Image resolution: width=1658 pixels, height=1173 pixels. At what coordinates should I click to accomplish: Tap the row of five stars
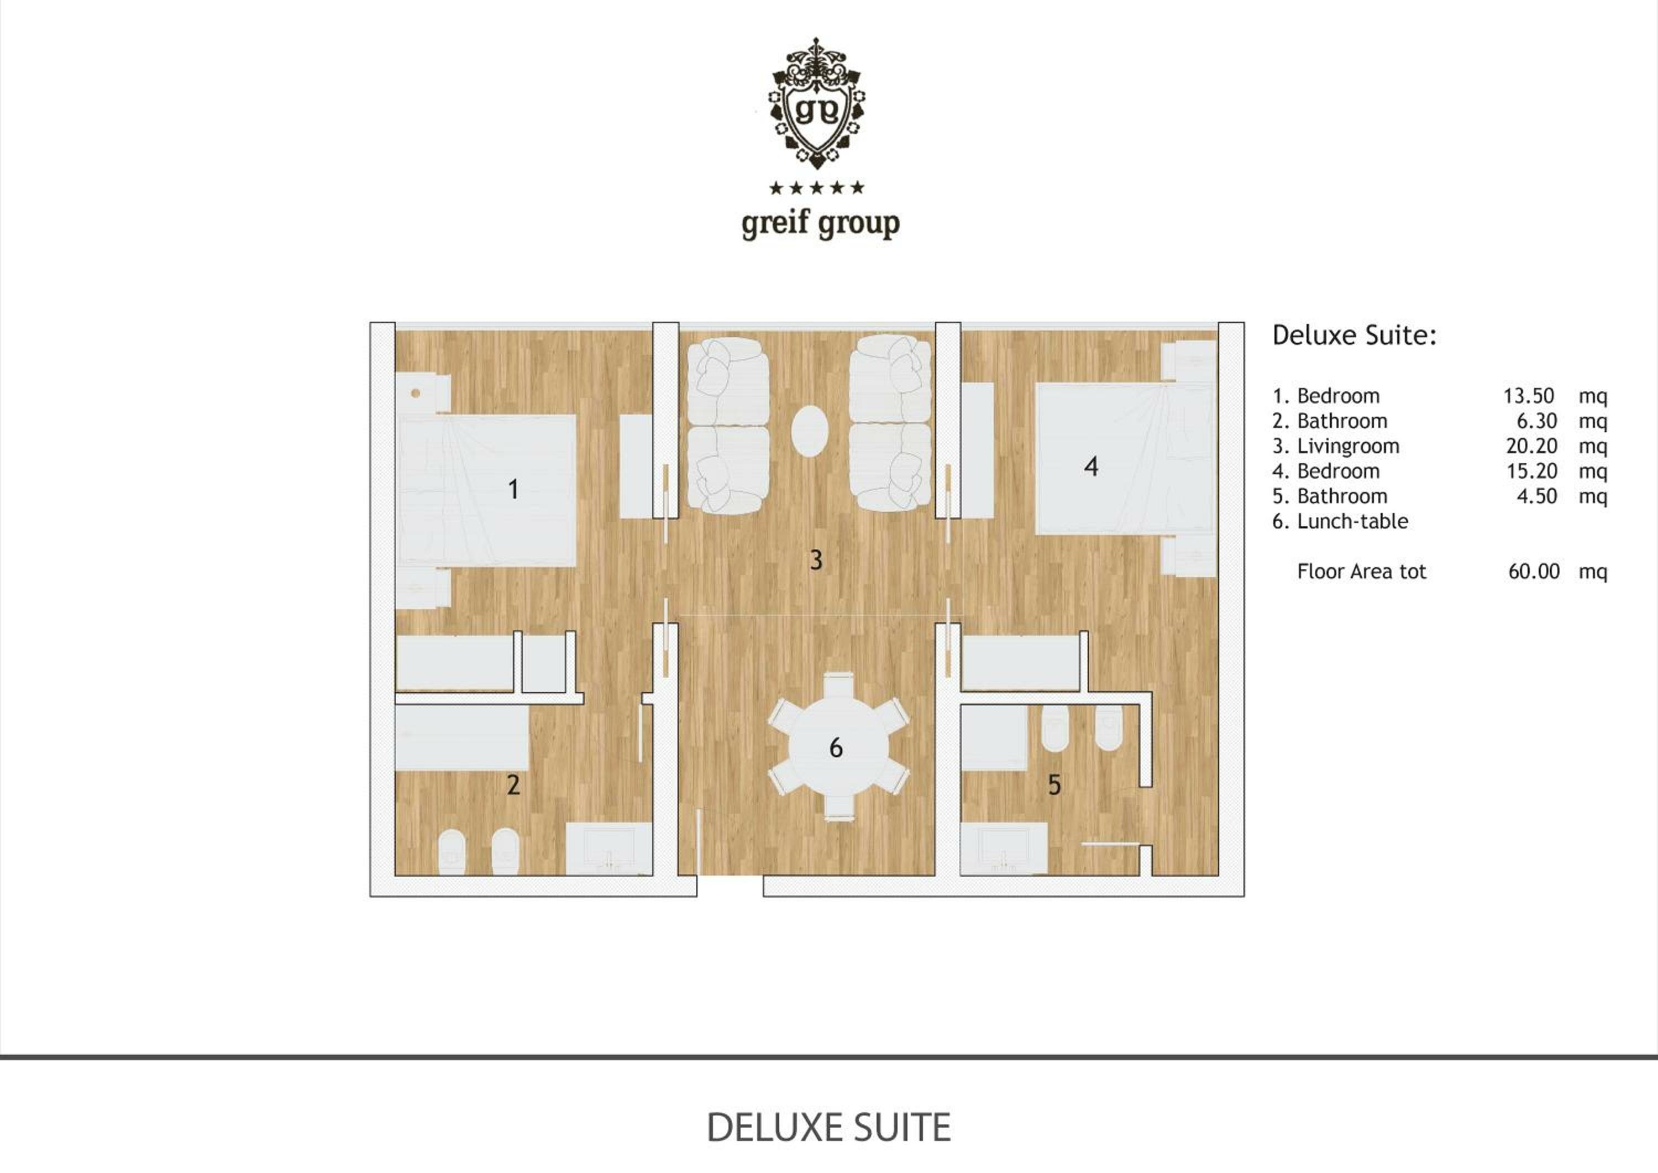[x=817, y=188]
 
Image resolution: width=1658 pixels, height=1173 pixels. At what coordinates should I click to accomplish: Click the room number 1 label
[x=513, y=490]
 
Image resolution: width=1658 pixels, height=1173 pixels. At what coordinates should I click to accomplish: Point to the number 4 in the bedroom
[x=1091, y=467]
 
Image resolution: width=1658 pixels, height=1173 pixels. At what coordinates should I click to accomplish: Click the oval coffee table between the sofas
[x=810, y=431]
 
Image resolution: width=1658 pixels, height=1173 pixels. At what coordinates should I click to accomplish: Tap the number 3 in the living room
[x=816, y=560]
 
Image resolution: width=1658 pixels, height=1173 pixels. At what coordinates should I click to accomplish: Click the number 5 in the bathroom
[x=1054, y=785]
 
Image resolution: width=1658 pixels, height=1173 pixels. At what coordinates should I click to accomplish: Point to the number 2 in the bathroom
[x=513, y=785]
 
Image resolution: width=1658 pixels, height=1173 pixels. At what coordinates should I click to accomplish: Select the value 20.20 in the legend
[x=1531, y=447]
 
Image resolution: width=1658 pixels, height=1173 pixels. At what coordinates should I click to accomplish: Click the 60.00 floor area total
[x=1534, y=572]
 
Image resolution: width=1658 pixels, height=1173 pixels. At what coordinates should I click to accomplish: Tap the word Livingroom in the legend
[x=1347, y=447]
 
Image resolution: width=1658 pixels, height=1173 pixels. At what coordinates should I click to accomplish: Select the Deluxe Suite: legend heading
[x=1354, y=335]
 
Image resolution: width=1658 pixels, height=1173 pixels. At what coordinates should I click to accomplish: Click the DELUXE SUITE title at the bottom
[x=828, y=1128]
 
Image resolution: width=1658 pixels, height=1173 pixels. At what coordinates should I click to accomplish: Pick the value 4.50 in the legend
[x=1536, y=497]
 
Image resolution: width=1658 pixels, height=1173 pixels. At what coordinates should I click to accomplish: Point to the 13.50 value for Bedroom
[x=1529, y=396]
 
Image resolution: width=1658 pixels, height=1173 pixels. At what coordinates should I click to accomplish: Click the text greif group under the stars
[x=820, y=224]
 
